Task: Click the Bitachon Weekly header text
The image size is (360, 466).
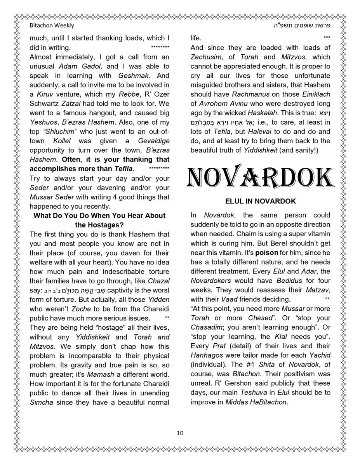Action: click(52, 26)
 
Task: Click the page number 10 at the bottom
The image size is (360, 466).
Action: click(180, 433)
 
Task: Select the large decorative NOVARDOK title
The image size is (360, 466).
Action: click(260, 177)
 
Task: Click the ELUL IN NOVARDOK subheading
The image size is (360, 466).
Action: click(260, 202)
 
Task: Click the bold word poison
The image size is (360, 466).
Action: click(266, 252)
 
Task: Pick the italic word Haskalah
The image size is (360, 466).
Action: click(263, 113)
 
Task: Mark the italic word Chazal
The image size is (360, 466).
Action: click(159, 281)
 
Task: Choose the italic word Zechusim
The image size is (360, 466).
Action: click(205, 57)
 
